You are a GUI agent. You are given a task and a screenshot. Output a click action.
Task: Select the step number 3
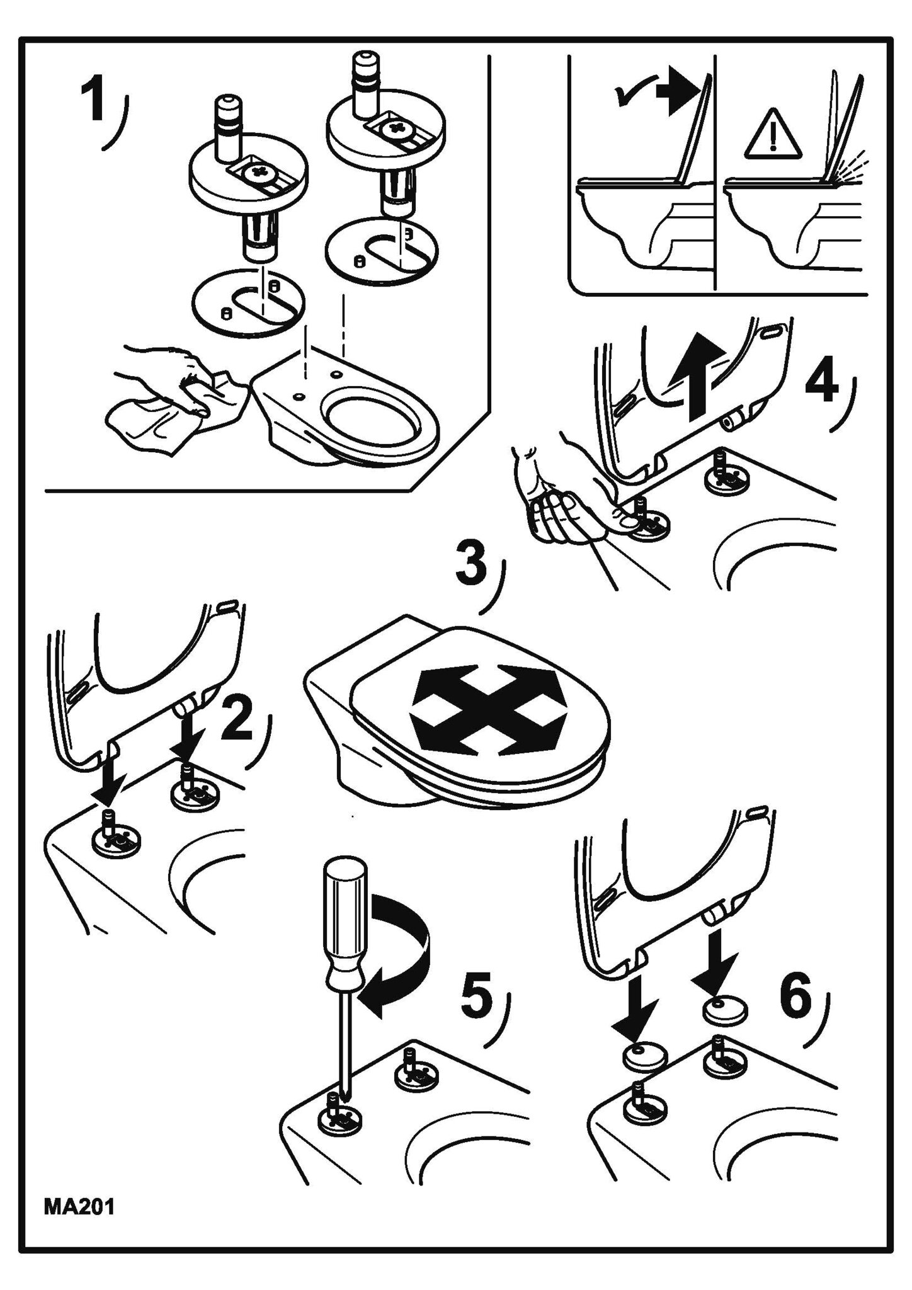[470, 564]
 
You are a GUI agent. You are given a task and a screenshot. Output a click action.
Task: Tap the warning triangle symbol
[773, 134]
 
